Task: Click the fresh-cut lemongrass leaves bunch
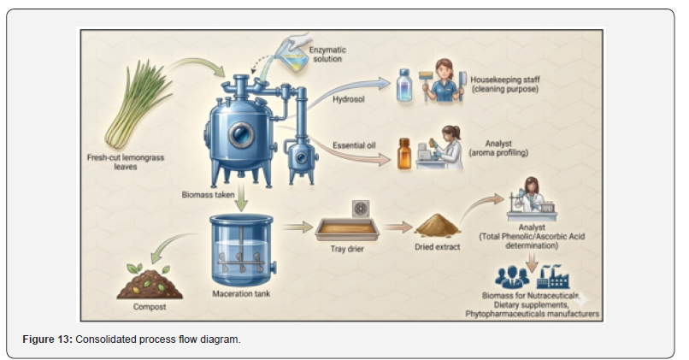(x=137, y=105)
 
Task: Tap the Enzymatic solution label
(x=327, y=55)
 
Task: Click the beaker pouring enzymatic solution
(x=291, y=57)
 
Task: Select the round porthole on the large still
(x=241, y=134)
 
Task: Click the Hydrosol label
(x=349, y=99)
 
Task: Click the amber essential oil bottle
(x=404, y=153)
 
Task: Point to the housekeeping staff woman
(x=444, y=81)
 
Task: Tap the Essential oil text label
(x=354, y=145)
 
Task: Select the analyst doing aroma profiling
(x=445, y=149)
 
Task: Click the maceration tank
(x=241, y=250)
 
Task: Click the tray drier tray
(x=347, y=229)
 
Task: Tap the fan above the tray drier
(x=361, y=210)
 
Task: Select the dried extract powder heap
(x=437, y=225)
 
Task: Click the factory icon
(x=553, y=276)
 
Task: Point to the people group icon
(x=512, y=277)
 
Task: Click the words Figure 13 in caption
(x=48, y=339)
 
